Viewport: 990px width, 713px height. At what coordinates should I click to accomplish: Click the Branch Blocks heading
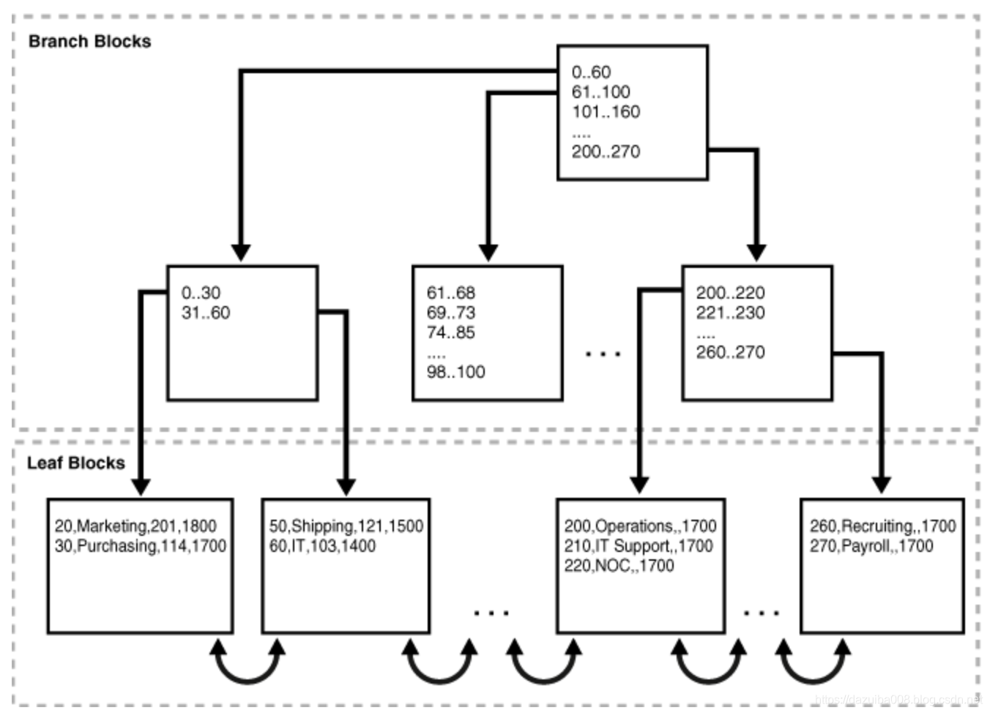89,42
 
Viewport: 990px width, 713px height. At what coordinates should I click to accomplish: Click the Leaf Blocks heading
75,463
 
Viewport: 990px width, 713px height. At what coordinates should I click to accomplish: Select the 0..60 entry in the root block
591,72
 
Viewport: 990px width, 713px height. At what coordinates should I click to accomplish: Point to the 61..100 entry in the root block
600,92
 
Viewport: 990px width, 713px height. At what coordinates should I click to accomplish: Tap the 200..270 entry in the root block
606,152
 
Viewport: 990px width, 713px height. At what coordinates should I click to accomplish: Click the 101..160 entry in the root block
606,112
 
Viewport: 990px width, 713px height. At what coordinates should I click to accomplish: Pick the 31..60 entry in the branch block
206,313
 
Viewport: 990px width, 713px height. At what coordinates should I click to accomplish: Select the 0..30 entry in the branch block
201,293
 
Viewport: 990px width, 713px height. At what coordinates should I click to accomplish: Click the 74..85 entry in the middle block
450,332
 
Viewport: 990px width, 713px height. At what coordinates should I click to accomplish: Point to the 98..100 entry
455,372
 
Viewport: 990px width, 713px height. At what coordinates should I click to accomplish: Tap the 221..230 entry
730,313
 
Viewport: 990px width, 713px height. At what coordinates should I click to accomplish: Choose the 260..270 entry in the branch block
730,352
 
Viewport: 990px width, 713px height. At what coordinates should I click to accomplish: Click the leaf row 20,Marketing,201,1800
135,526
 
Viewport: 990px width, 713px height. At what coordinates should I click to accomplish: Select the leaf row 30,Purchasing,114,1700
140,546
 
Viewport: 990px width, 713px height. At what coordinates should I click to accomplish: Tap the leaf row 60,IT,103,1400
322,546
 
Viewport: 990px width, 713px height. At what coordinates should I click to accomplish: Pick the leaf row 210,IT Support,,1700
638,546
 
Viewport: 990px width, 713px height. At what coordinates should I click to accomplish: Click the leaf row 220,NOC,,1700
619,566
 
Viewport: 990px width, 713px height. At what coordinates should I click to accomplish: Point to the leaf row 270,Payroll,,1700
871,546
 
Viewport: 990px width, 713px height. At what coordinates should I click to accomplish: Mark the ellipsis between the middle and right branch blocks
603,354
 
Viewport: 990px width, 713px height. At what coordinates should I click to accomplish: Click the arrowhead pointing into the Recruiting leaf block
882,485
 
